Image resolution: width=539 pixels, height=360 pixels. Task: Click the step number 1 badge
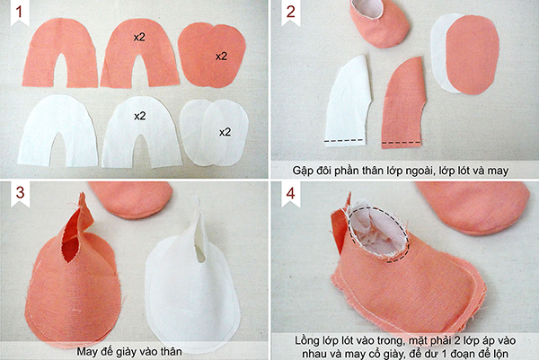click(20, 13)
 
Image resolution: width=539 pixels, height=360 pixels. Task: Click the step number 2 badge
click(290, 13)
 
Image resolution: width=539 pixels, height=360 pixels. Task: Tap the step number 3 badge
click(20, 193)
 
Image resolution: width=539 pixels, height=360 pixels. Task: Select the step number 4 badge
click(291, 193)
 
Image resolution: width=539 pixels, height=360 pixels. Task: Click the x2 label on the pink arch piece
click(139, 37)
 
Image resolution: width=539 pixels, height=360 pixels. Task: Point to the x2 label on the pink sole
click(221, 56)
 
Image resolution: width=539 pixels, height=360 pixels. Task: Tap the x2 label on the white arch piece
click(140, 116)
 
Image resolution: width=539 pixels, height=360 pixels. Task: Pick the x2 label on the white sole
click(225, 132)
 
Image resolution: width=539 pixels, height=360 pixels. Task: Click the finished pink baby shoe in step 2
click(380, 24)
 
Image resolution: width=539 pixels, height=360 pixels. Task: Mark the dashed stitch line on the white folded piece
click(344, 140)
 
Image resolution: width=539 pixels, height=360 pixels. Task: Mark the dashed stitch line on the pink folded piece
click(402, 142)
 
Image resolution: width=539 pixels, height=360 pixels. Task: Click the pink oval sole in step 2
click(472, 54)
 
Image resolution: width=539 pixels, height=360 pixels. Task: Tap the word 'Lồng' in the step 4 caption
click(305, 341)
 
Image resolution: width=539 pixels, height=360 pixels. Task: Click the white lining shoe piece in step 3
click(192, 282)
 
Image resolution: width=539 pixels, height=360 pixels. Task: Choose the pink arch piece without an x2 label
click(60, 51)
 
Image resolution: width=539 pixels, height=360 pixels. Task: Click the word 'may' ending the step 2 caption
click(497, 171)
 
